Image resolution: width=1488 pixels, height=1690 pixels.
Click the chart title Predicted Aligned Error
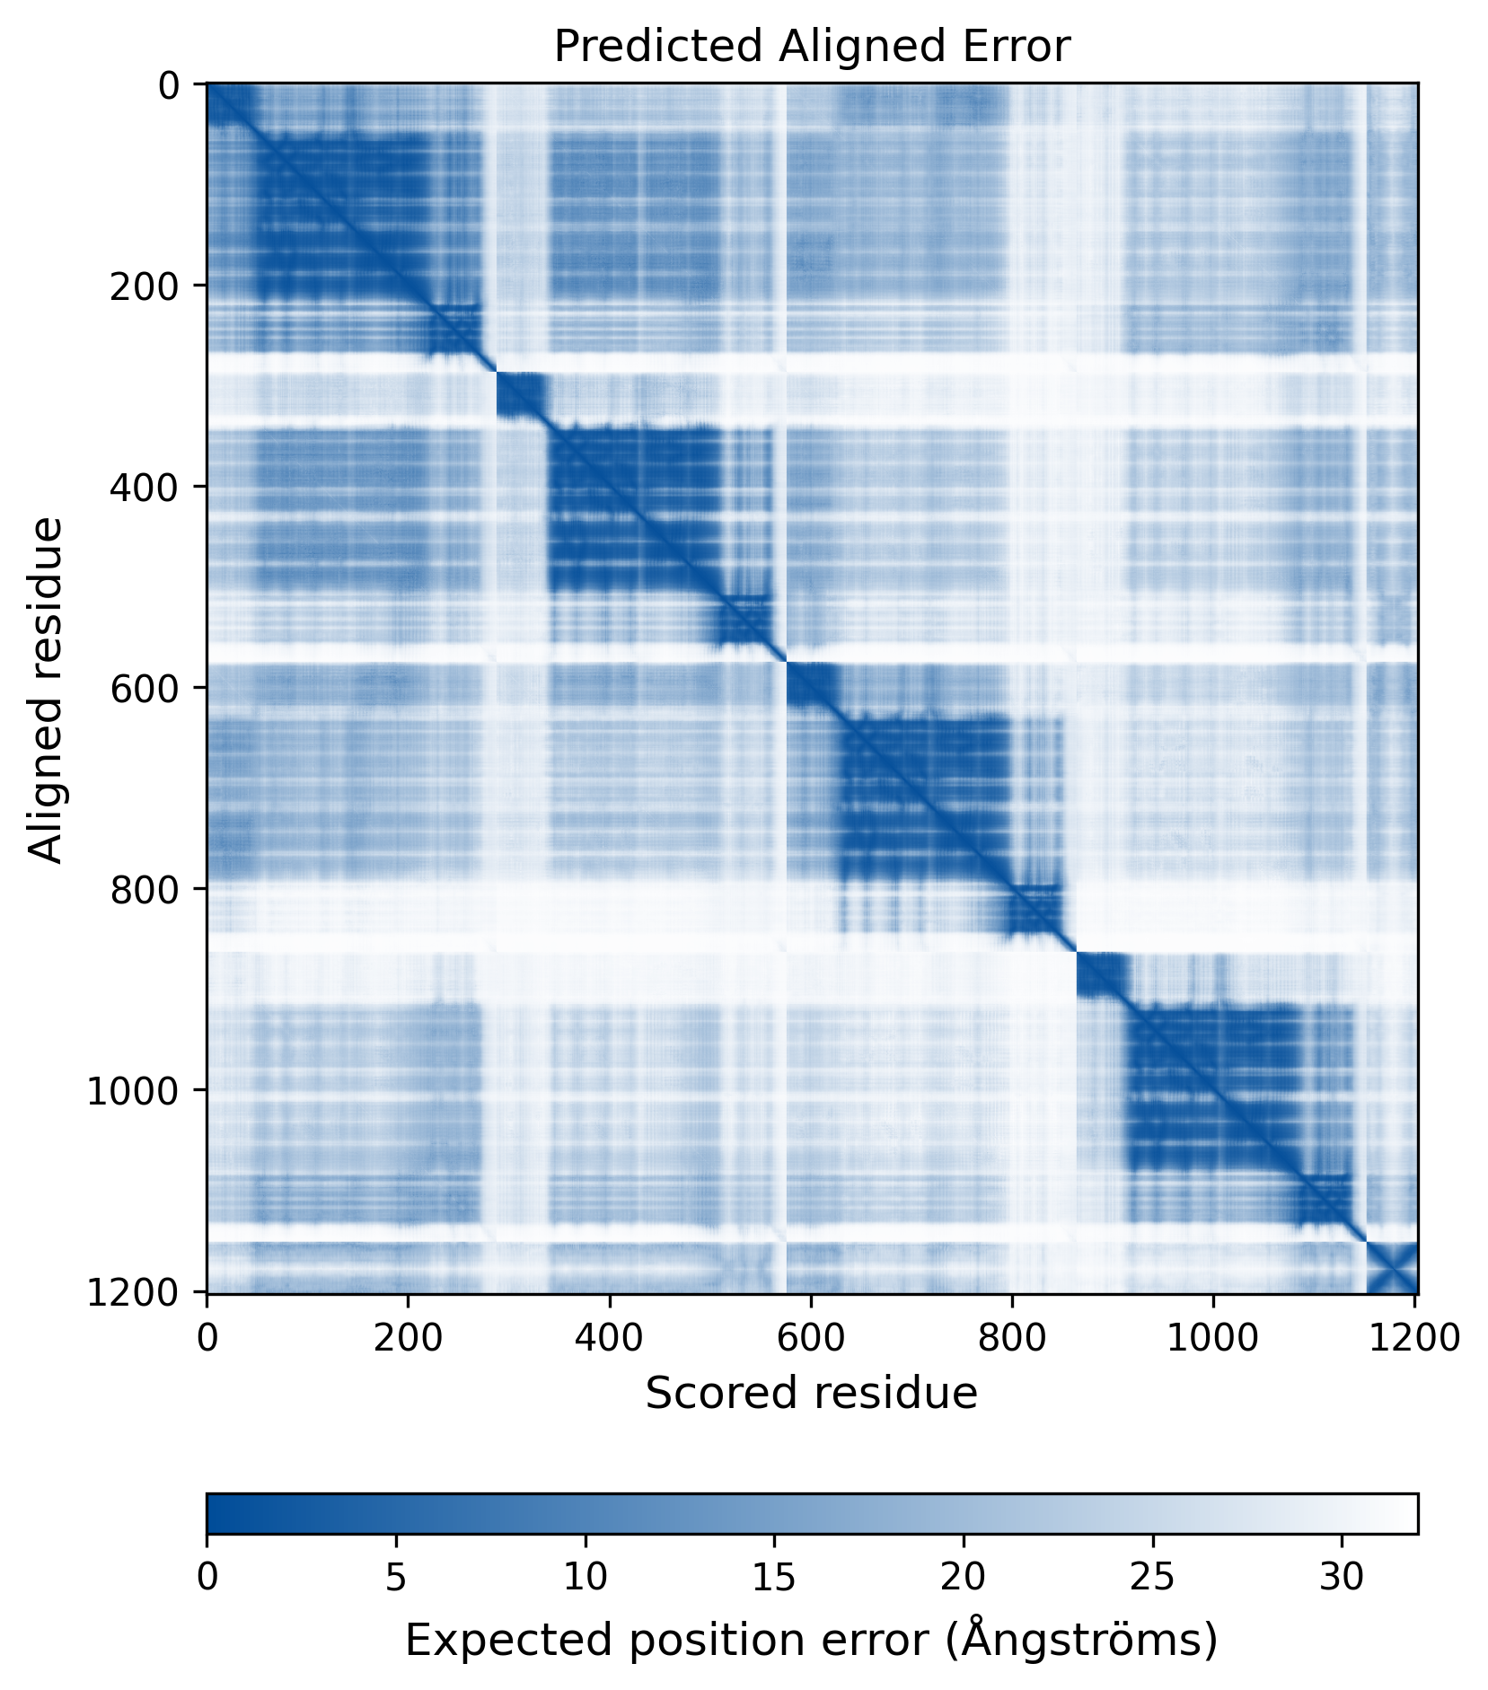coord(812,47)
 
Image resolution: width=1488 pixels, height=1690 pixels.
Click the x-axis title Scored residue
coord(811,1393)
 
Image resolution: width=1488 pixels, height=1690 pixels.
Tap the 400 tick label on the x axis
coord(610,1338)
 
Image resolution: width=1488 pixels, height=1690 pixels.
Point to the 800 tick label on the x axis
coord(1012,1338)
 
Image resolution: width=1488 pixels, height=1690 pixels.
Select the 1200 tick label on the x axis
coord(1415,1338)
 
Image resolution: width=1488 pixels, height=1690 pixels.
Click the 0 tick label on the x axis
coord(207,1338)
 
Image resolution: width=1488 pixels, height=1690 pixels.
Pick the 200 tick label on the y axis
coord(144,286)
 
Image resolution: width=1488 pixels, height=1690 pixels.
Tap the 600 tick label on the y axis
coord(144,688)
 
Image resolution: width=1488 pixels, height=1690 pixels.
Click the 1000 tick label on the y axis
coord(133,1090)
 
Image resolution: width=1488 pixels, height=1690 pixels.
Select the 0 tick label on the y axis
coord(169,85)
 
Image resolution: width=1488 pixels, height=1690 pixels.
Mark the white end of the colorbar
coord(1410,1513)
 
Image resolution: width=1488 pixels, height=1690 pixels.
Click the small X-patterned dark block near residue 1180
coord(1391,1267)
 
